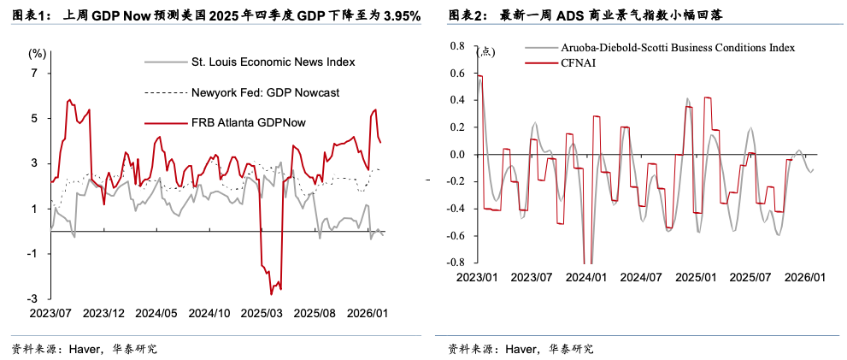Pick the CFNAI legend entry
[x=580, y=62]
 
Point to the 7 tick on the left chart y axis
[x=34, y=74]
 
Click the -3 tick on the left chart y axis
[x=32, y=298]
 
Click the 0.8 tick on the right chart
[x=456, y=46]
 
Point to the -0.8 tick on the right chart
[x=455, y=263]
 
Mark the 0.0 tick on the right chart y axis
[x=456, y=155]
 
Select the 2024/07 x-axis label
[x=641, y=277]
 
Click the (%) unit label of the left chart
[x=37, y=53]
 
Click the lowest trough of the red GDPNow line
[x=272, y=294]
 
